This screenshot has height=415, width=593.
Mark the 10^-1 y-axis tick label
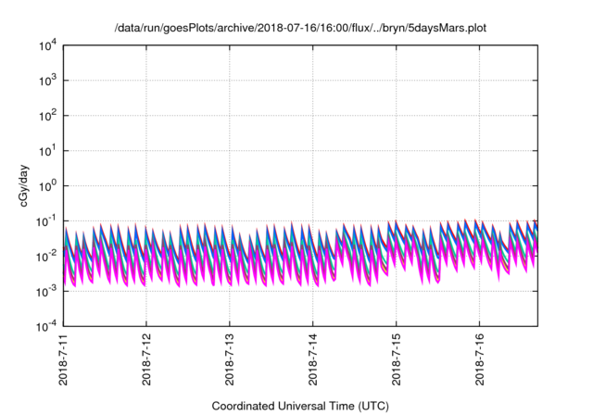[x=46, y=221]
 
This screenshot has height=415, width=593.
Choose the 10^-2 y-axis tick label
[x=46, y=257]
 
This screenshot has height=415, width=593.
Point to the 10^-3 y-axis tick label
[x=46, y=292]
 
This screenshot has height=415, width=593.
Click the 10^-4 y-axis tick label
[x=46, y=327]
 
